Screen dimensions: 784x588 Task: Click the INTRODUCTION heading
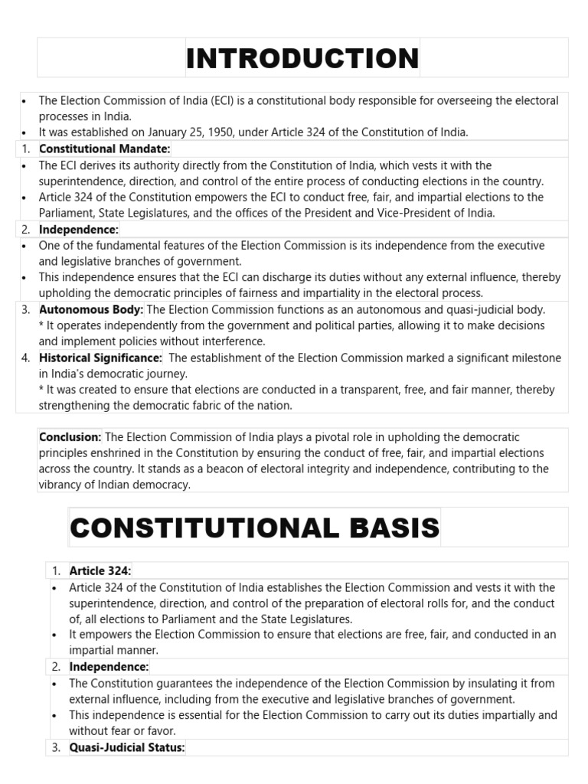(302, 58)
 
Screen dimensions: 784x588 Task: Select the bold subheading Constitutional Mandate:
(105, 149)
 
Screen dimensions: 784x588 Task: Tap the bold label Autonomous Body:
(91, 309)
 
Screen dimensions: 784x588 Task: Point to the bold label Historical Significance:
(100, 358)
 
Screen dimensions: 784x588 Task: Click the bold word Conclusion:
(70, 437)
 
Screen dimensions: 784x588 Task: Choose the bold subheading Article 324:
(100, 570)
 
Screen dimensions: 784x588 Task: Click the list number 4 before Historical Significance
(25, 358)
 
